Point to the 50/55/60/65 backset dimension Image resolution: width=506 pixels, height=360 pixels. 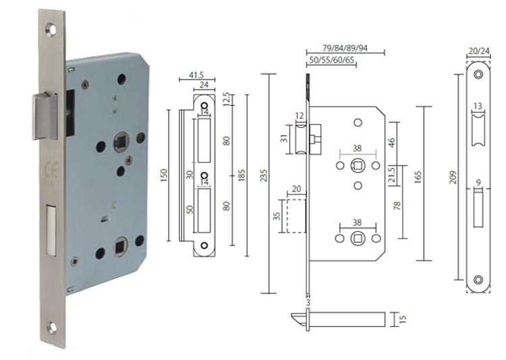331,61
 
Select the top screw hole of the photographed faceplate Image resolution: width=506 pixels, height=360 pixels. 51,30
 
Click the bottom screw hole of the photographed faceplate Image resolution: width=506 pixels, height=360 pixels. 52,328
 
